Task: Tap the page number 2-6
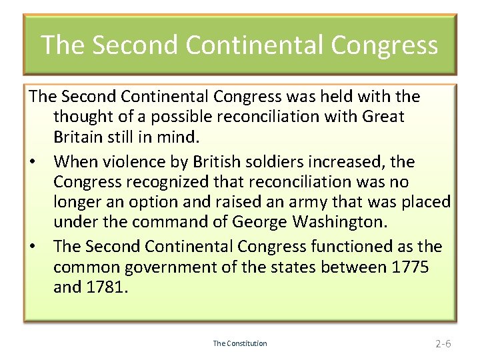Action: click(x=443, y=344)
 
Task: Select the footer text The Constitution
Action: click(x=240, y=343)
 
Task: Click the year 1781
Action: click(x=105, y=288)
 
